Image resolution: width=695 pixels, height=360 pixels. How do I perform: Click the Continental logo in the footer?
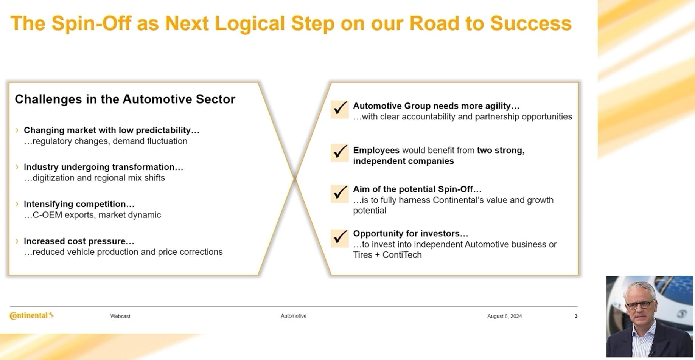(x=31, y=315)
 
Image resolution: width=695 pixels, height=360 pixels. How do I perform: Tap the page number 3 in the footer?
(x=576, y=316)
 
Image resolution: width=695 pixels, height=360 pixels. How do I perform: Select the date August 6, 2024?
(x=504, y=316)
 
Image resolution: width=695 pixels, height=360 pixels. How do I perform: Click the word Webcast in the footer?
(x=120, y=316)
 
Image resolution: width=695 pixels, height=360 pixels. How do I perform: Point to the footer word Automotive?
(x=294, y=316)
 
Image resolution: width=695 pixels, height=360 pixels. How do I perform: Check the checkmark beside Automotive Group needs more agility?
(x=340, y=109)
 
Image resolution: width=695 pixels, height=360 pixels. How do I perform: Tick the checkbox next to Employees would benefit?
(x=340, y=153)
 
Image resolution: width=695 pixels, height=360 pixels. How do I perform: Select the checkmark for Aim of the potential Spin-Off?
(x=340, y=194)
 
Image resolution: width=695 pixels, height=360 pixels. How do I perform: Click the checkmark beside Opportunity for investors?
(x=340, y=238)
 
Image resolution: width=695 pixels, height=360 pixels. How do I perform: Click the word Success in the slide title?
(x=531, y=23)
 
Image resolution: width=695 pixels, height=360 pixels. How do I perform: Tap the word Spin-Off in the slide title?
(x=91, y=23)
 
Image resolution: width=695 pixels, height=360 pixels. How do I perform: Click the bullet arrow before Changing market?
(x=17, y=130)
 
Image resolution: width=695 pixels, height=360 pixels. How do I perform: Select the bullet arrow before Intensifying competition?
(x=17, y=204)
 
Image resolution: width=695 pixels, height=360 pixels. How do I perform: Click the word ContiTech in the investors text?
(x=402, y=255)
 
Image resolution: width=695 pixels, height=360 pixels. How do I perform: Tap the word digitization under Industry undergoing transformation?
(x=53, y=178)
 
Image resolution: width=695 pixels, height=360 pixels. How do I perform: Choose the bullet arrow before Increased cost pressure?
(x=17, y=241)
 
